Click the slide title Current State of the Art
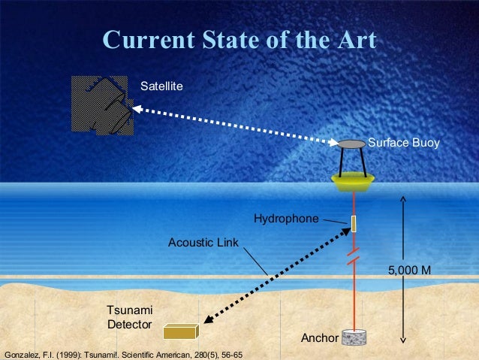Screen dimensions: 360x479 (239, 41)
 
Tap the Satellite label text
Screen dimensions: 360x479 (161, 88)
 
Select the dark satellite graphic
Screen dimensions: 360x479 (103, 105)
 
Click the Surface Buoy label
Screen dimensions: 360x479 (403, 142)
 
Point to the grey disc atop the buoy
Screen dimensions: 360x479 (351, 144)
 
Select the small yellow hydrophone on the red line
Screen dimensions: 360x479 (353, 223)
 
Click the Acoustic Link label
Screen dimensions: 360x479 (203, 243)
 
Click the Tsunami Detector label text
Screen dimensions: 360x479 (130, 317)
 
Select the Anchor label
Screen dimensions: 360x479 (320, 338)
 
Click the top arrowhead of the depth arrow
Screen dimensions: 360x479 (403, 198)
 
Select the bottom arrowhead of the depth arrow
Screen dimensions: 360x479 (403, 340)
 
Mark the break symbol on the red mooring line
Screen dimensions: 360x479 (353, 258)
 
